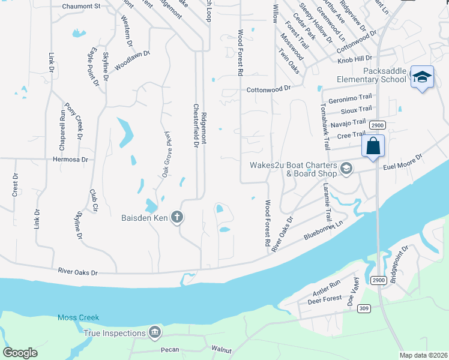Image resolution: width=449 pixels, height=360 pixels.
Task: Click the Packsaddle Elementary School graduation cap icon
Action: (423, 77)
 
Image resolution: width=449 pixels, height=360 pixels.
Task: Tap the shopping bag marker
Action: (373, 146)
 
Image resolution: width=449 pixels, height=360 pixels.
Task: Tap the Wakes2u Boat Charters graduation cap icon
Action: (346, 169)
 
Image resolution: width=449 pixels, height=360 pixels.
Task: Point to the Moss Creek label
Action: (78, 317)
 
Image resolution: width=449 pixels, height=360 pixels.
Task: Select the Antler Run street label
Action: (327, 291)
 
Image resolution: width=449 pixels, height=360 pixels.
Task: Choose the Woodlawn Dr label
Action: (132, 60)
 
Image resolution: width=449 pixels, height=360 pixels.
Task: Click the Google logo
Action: (20, 353)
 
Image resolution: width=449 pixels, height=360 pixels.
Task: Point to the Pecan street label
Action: (170, 349)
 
